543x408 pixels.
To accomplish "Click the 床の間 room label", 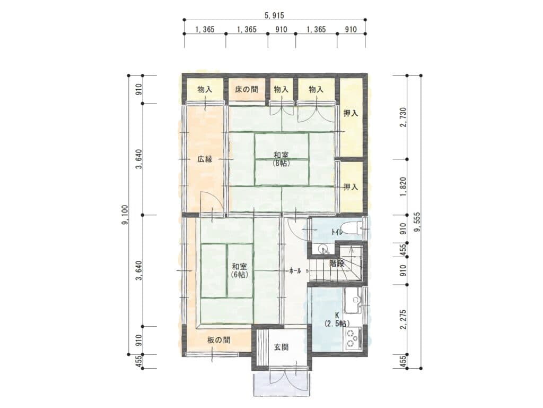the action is click(247, 89).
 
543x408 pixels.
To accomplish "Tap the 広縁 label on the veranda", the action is click(205, 159).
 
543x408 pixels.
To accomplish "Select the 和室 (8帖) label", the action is click(281, 159).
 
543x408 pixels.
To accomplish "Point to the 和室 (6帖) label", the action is click(239, 270).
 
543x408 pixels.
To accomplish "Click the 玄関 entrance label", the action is click(281, 347).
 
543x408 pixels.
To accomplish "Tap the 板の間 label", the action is click(219, 340).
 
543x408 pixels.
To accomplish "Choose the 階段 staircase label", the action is click(337, 263).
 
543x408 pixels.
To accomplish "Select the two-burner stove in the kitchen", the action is click(353, 338).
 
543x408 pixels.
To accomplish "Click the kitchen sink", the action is click(354, 299).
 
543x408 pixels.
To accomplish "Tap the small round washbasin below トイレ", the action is click(323, 250).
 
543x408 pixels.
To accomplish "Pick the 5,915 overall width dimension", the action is click(274, 15).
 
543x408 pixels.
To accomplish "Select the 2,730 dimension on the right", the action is click(403, 117).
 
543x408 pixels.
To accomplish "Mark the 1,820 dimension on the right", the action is click(403, 187).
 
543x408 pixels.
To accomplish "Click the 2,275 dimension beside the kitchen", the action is click(403, 320).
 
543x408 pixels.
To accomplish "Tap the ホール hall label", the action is click(295, 270).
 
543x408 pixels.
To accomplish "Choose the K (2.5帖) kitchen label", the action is click(337, 319).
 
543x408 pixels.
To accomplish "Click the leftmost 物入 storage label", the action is click(205, 89).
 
